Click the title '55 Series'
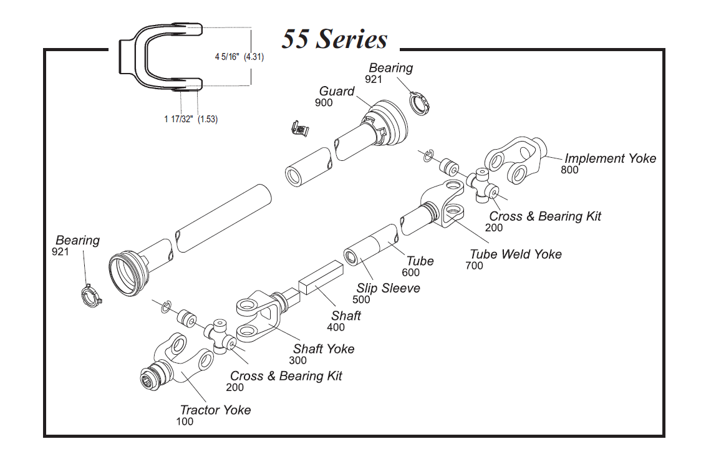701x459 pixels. pos(334,39)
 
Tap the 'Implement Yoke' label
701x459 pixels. pos(610,158)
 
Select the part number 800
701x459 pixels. pos(569,170)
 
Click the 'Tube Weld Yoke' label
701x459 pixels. pos(515,254)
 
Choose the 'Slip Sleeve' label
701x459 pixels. pos(388,288)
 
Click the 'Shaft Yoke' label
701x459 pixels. pos(324,349)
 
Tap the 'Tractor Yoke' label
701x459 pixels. pos(215,410)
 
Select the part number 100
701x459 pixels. pos(185,422)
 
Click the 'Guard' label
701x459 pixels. pos(337,92)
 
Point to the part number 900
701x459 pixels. pos(324,103)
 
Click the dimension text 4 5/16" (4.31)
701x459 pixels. pos(239,57)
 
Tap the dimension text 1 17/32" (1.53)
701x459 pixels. pos(191,119)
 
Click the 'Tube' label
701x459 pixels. pos(420,261)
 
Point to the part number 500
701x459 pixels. pos(361,300)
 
